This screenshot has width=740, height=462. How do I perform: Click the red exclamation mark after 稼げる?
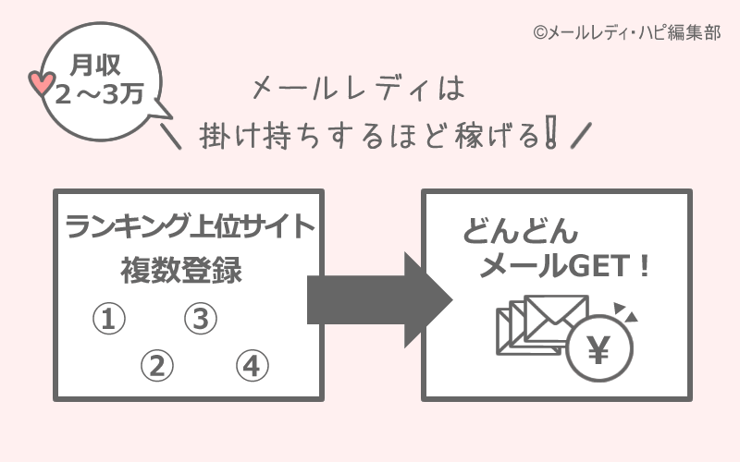click(x=552, y=134)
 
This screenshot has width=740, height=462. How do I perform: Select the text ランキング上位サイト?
click(x=189, y=227)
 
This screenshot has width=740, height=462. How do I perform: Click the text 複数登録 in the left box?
click(x=181, y=271)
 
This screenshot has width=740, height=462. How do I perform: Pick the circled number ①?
click(x=108, y=320)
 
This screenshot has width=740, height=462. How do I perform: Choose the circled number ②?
click(x=156, y=366)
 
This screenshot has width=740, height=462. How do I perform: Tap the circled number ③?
click(x=200, y=320)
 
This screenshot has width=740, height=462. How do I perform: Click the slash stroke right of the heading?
click(x=581, y=136)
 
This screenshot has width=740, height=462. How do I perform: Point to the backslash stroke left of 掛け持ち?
click(x=171, y=136)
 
